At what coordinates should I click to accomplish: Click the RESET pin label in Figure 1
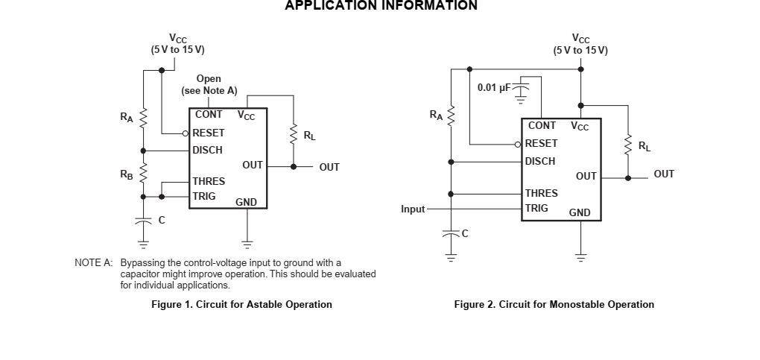(209, 133)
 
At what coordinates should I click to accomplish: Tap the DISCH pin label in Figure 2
(540, 161)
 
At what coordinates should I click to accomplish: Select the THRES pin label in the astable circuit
(209, 181)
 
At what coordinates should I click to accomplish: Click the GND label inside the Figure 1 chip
(246, 202)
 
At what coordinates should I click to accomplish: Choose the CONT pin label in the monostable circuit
(542, 126)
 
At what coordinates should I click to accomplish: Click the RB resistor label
(127, 174)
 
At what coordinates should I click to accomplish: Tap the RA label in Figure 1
(127, 116)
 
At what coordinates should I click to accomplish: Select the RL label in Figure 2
(644, 146)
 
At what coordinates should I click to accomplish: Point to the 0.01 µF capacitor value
(494, 88)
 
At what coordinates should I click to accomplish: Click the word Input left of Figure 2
(413, 209)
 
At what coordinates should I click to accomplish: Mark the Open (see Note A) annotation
(209, 84)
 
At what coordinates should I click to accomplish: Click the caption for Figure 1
(241, 304)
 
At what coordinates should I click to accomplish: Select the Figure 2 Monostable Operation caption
(554, 304)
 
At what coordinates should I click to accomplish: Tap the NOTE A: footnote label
(93, 262)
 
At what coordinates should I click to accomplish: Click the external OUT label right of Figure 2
(664, 174)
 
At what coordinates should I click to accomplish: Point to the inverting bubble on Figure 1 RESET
(186, 133)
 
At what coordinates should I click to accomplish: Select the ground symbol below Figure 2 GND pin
(580, 257)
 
